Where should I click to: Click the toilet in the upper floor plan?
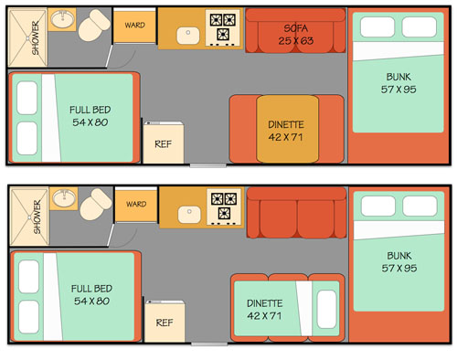coord(94,26)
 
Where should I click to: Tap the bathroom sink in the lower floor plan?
coord(64,197)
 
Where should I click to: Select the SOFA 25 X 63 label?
coord(295,35)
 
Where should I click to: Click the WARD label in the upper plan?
coord(134,25)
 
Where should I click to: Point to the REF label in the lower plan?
coord(165,323)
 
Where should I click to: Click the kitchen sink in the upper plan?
coord(188,36)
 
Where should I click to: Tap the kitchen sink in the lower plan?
coord(189,215)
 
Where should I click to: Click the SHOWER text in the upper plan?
coord(36,37)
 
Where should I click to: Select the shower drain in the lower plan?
coord(29,217)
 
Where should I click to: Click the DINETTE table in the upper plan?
coord(288,129)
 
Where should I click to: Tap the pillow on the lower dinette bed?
coord(326,309)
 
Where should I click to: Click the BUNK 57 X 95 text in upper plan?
coord(399,83)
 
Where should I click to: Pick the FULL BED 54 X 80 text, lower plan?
coord(91,294)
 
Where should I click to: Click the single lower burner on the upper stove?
coord(223,34)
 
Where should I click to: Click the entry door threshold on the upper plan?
coord(208,165)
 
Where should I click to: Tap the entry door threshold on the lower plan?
coord(209,344)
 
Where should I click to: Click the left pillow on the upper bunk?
coord(377,27)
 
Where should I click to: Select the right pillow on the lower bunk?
coord(420,206)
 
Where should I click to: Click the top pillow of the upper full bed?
coord(27,98)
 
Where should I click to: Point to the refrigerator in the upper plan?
coord(164,143)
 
